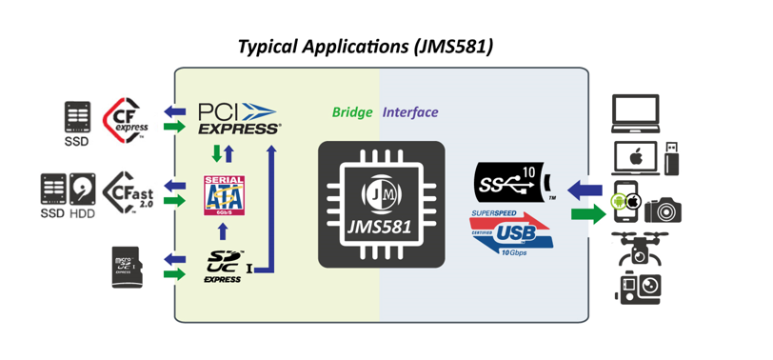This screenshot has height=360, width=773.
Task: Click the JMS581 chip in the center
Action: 381,203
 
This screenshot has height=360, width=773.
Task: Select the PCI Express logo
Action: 238,117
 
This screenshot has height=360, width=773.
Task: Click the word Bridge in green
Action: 351,112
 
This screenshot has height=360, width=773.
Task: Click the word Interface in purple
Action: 410,112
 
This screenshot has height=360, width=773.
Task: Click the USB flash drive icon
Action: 672,157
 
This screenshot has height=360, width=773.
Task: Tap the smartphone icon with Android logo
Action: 624,202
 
